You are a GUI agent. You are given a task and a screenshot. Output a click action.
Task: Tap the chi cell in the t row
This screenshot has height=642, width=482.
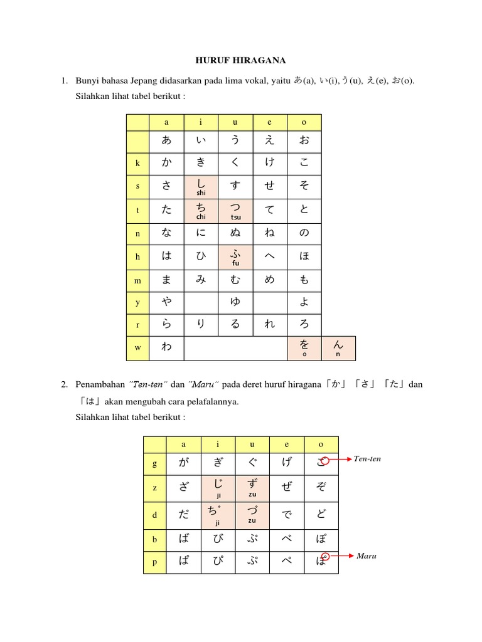point(201,211)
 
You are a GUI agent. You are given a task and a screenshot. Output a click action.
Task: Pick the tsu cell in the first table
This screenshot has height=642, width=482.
point(235,211)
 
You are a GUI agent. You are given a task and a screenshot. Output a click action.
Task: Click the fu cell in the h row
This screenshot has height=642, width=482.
point(235,257)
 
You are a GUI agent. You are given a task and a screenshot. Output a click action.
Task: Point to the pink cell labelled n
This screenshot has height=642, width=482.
point(338,349)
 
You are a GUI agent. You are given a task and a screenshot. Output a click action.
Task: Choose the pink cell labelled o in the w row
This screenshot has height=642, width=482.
point(304,349)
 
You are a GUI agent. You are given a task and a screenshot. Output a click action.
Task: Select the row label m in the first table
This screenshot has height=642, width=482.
point(137,281)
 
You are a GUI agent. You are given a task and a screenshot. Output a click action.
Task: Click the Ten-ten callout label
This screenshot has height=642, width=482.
point(367,459)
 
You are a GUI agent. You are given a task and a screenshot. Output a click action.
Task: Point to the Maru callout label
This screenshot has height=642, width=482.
point(365,555)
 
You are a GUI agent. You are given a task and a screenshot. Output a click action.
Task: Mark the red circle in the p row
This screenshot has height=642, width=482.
point(325,555)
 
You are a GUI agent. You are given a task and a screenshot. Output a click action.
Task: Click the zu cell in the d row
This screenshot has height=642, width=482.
point(252,515)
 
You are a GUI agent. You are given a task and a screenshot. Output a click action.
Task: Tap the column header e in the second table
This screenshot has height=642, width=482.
point(287,445)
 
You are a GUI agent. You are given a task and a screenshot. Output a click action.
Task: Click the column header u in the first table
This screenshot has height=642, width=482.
point(235,123)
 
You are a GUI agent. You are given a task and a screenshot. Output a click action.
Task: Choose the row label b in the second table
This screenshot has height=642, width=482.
point(154,539)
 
